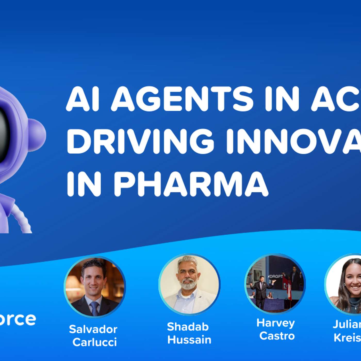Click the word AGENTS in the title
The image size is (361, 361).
(x=182, y=99)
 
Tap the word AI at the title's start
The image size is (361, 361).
(x=83, y=99)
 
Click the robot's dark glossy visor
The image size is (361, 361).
(x=4, y=134)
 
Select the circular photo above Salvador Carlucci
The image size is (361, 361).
(x=95, y=287)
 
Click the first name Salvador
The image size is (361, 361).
(x=93, y=329)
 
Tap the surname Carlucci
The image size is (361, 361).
(x=95, y=342)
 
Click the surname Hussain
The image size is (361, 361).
(x=189, y=340)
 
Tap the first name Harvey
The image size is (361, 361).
(x=275, y=323)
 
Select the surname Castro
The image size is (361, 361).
(x=277, y=336)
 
